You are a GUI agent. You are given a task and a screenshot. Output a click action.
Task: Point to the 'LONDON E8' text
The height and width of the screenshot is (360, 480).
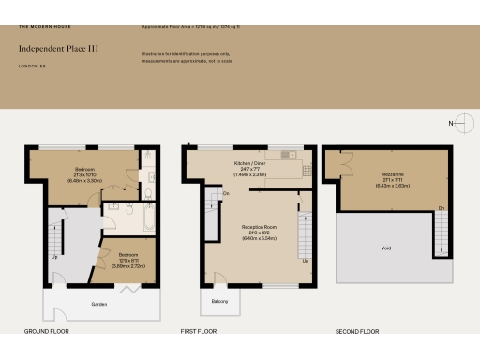[x=33, y=66]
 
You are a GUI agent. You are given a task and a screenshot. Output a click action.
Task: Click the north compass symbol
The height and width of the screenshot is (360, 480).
[x=458, y=124]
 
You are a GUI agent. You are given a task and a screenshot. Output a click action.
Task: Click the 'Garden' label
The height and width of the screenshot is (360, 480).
[x=99, y=305]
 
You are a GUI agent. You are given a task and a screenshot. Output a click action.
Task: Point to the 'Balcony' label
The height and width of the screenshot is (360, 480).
[x=218, y=300]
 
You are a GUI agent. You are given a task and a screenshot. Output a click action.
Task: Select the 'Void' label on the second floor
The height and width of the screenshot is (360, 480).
[x=387, y=248]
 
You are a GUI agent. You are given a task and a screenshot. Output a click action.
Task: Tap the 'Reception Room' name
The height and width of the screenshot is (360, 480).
[x=248, y=227]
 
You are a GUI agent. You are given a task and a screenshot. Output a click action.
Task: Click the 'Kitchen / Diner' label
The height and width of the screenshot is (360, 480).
[x=250, y=163]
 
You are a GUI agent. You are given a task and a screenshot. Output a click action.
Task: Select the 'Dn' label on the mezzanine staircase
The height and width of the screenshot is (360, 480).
[x=441, y=208]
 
